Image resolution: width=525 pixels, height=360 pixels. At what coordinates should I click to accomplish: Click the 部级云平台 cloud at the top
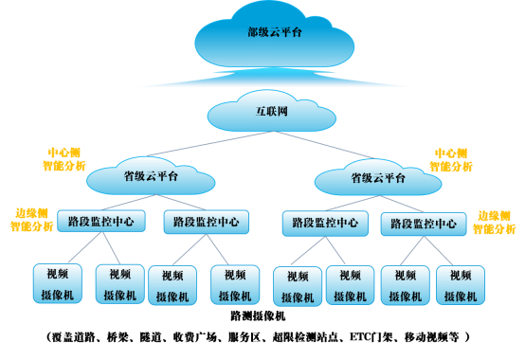point(274,35)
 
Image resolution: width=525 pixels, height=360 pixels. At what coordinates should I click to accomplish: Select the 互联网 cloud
point(272,112)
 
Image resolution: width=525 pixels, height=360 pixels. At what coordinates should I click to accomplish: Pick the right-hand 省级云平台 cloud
point(378,177)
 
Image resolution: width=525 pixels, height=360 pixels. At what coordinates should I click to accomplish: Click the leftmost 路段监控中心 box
point(100,222)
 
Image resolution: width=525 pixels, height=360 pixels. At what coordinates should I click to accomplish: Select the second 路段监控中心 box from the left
point(206,223)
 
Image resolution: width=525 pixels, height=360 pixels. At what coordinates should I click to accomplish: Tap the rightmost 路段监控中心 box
point(425,225)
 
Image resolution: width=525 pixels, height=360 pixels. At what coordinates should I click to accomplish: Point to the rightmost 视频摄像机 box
point(461,285)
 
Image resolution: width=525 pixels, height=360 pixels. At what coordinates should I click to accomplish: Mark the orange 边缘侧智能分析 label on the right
point(497,222)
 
